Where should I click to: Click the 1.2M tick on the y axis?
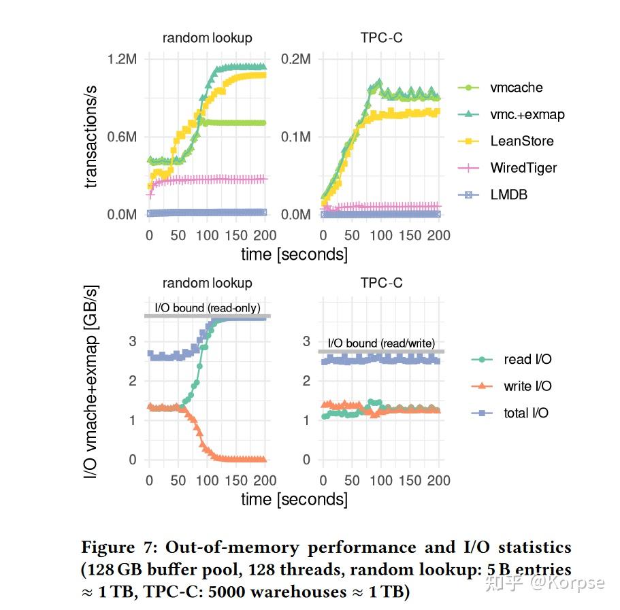point(123,59)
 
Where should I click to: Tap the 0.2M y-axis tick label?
point(296,59)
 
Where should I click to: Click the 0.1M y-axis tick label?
point(296,137)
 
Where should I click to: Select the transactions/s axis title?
point(91,137)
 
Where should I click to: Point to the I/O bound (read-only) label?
point(208,308)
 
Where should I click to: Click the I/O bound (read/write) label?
point(381,343)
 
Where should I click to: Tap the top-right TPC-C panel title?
point(381,38)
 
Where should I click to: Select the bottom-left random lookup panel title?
point(207,283)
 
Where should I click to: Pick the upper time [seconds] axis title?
point(294,255)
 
